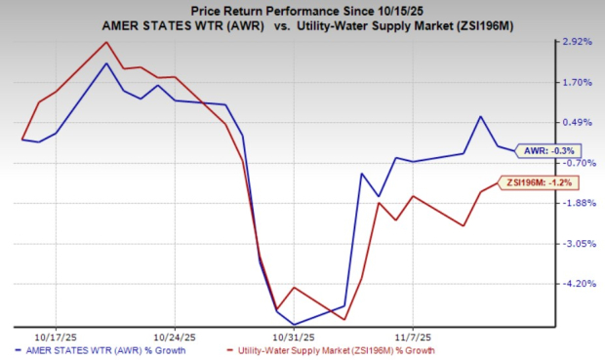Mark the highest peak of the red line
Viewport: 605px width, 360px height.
(x=105, y=42)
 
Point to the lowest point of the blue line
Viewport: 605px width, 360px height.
(x=294, y=324)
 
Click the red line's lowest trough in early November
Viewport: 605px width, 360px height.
(x=344, y=319)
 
